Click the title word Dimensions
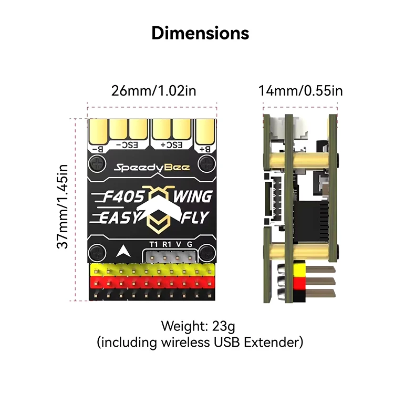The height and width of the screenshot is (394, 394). (x=200, y=33)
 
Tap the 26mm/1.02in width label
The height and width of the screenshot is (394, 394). (x=153, y=90)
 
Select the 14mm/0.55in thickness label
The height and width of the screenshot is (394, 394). (x=300, y=90)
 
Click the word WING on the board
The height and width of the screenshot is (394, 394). (x=192, y=196)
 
